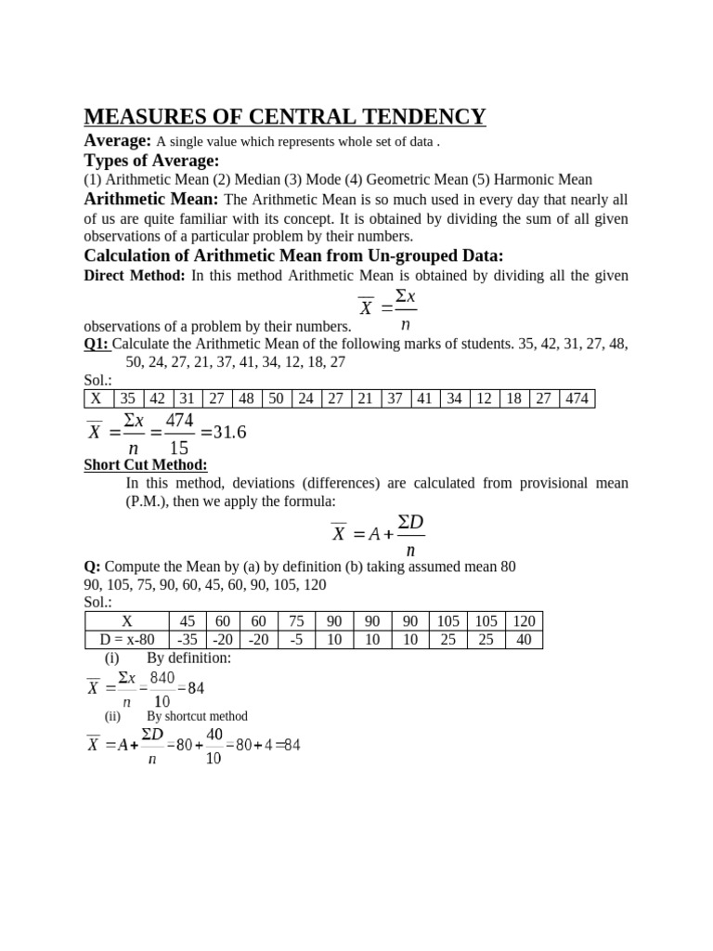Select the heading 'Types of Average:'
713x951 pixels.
coord(151,161)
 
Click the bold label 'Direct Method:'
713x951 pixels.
coord(135,276)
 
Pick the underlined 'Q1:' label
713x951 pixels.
coord(97,344)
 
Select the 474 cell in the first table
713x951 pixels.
coord(576,398)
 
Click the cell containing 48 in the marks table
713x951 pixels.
coord(245,398)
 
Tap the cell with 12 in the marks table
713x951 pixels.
coord(484,398)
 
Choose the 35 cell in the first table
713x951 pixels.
coord(128,398)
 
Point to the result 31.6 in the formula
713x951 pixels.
coord(227,433)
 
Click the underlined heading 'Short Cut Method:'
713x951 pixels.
coord(146,464)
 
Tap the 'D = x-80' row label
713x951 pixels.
coord(126,640)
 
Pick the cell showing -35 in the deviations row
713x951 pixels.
coord(188,640)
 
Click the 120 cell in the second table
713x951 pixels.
coord(524,621)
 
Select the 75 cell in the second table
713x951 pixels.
coord(296,621)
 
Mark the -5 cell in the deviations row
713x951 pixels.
coord(296,640)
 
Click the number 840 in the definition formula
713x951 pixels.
coord(162,679)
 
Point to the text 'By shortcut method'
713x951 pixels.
coord(197,716)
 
